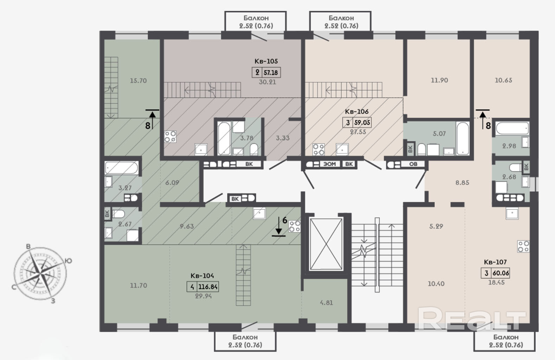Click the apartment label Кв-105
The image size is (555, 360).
(x=266, y=61)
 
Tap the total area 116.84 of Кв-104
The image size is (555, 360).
(x=208, y=287)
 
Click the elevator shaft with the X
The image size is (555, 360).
(x=326, y=244)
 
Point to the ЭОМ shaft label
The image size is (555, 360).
(x=330, y=164)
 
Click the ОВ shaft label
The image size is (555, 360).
(x=413, y=164)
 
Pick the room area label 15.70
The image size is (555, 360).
(x=138, y=81)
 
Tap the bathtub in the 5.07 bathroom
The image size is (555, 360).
(x=463, y=138)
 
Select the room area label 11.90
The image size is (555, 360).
(x=439, y=80)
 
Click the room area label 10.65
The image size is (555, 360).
(x=503, y=80)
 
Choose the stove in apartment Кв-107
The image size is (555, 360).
(x=523, y=246)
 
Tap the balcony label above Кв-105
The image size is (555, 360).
(x=256, y=22)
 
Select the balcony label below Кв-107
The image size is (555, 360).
(x=506, y=341)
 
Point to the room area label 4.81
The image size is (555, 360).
(x=326, y=302)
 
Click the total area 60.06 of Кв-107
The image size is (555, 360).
(x=500, y=273)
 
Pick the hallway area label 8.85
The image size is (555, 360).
(x=462, y=182)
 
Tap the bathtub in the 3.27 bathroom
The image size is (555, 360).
(x=121, y=168)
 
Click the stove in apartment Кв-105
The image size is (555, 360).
(x=170, y=136)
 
